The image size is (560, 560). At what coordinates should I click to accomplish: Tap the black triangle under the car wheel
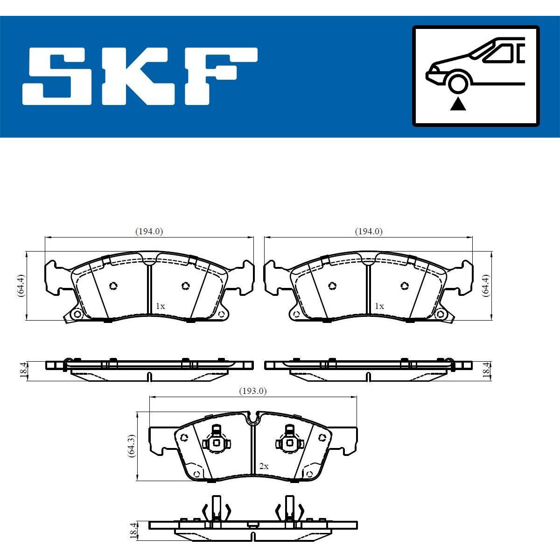(458, 105)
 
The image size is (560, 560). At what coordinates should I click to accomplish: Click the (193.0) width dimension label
(252, 392)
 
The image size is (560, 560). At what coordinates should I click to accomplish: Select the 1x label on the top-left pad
(160, 306)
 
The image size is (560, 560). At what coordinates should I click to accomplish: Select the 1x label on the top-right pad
(379, 306)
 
